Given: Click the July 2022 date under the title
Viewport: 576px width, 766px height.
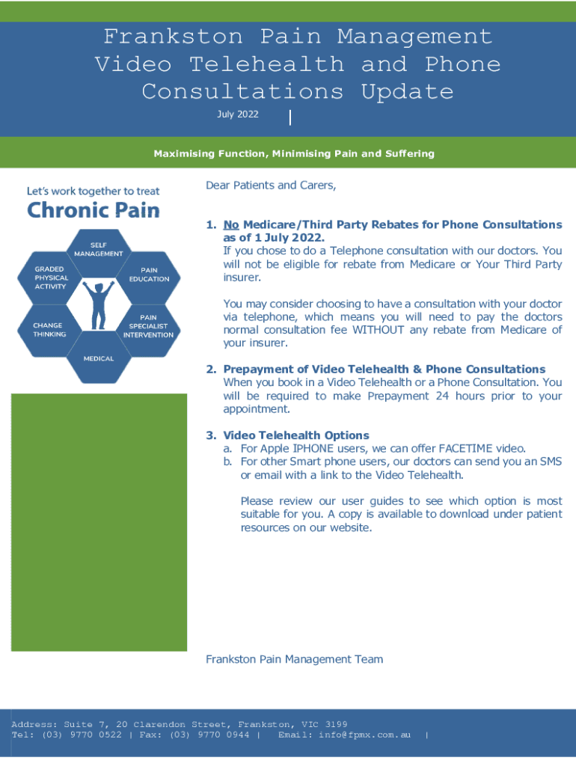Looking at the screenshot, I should click(x=237, y=114).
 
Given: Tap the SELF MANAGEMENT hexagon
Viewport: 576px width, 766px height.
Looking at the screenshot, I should click(x=98, y=249).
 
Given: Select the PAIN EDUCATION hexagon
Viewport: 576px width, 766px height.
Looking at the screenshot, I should click(x=149, y=275).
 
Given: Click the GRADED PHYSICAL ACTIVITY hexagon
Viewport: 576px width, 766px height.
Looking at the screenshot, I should click(x=51, y=277).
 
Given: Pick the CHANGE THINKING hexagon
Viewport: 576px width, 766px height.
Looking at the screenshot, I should click(x=49, y=330).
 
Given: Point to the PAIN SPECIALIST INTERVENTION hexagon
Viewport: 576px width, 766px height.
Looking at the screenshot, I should click(x=149, y=326).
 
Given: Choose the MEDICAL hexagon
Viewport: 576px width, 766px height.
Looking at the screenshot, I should click(x=98, y=359).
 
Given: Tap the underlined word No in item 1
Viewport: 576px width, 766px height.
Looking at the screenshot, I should click(x=231, y=224).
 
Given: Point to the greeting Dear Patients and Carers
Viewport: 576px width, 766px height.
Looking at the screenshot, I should click(x=271, y=185).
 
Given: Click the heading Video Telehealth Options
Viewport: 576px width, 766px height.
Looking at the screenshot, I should click(x=296, y=435).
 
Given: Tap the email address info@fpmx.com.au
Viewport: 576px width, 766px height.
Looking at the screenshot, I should click(x=364, y=735).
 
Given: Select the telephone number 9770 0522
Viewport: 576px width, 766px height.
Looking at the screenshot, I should click(x=96, y=735).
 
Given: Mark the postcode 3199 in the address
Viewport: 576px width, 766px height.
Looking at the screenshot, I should click(x=337, y=724).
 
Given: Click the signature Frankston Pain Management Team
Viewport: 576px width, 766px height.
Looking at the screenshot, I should click(x=294, y=659).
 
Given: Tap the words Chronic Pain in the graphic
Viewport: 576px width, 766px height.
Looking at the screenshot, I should click(x=94, y=209).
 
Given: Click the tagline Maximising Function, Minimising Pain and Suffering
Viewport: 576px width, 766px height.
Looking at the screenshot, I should click(x=294, y=154).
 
